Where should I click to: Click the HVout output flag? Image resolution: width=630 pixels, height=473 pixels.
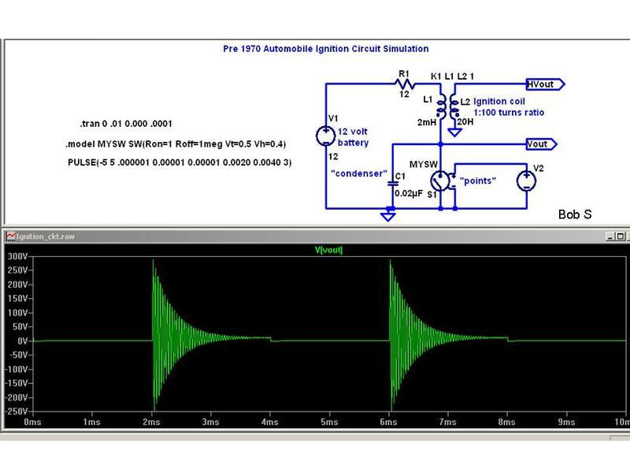coord(545,84)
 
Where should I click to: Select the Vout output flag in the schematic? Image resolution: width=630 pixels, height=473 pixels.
coord(541,144)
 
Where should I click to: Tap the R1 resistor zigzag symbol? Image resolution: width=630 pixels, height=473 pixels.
coord(405,84)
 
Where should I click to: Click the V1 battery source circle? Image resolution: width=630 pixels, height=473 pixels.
coord(325,136)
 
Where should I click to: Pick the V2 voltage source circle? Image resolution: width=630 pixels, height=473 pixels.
coord(526,181)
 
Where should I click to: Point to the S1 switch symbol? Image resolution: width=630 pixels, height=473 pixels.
coord(441,181)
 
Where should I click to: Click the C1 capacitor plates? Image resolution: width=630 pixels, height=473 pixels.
coord(392,184)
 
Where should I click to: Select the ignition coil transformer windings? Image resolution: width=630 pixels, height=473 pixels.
coord(447,106)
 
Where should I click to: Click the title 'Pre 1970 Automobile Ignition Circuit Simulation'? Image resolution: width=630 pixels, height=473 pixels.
coord(326,49)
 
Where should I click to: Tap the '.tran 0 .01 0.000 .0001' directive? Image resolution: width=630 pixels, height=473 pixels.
coord(126,124)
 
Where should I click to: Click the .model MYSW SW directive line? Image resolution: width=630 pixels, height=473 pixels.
coord(176,144)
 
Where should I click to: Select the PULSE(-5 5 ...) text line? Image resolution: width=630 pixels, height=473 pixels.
coord(180,162)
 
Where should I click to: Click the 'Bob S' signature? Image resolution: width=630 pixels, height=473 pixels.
coord(575,214)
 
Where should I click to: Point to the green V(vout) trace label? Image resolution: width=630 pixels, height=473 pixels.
coord(328,250)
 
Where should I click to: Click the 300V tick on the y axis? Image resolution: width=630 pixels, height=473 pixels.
coord(17,256)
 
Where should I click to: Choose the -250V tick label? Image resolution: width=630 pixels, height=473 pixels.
coord(17,412)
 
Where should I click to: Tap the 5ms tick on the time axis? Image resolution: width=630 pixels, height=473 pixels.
coord(329,422)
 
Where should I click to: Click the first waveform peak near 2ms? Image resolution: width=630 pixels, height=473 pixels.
coord(153,260)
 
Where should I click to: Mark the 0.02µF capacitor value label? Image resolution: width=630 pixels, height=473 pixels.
coord(409,193)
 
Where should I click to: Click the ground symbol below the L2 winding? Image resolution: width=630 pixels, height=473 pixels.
coord(454,132)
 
